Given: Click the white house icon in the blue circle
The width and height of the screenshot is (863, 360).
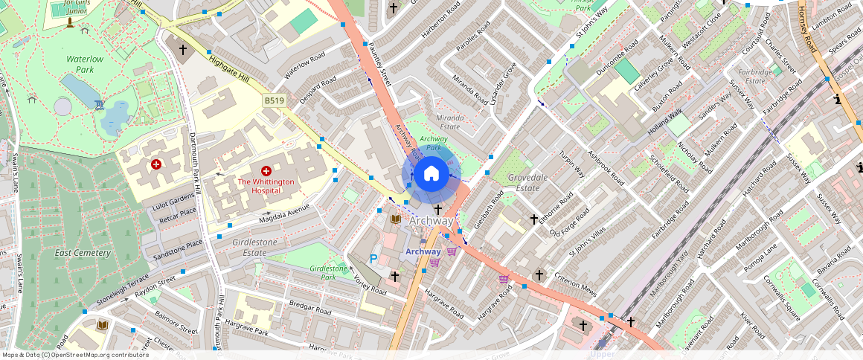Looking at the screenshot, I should tap(431, 174).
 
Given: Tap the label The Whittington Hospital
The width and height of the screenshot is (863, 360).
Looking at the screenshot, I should tap(266, 186).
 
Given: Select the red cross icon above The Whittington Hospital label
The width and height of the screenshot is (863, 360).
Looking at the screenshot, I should tap(266, 171).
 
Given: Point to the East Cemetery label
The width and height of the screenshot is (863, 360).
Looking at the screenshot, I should tap(83, 253).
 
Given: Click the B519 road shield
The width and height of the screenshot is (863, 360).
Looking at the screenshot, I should tap(273, 100).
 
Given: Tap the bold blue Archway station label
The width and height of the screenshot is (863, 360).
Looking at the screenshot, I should tap(423, 251).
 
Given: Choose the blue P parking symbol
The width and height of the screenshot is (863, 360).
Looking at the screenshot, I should tap(373, 259).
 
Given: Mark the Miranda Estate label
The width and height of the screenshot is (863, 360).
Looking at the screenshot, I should tap(449, 122).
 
